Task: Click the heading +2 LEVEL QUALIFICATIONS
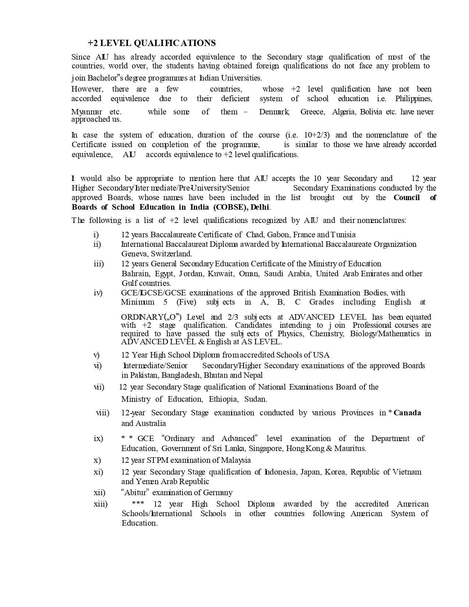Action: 152,43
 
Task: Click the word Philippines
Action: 413,99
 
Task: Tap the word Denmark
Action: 274,112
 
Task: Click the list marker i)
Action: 96,235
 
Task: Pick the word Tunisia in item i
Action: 343,235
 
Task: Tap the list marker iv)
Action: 98,293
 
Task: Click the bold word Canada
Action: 407,413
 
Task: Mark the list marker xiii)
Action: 100,504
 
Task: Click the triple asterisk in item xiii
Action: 138,504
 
